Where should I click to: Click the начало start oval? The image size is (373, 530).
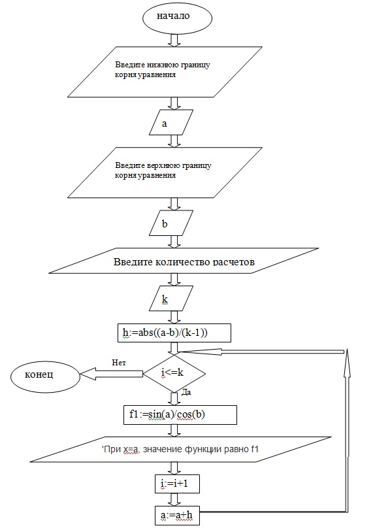[173, 17]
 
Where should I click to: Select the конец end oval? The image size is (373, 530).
[46, 376]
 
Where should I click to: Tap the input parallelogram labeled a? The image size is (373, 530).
[171, 122]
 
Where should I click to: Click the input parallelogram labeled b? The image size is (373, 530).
[171, 223]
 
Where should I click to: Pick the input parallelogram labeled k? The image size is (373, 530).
[171, 298]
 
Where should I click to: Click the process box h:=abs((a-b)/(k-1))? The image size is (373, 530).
[174, 333]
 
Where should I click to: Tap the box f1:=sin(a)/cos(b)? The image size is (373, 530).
[180, 414]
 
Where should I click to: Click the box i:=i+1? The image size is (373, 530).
[177, 484]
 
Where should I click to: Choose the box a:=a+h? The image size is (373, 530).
[177, 516]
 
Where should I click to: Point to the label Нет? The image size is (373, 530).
[119, 363]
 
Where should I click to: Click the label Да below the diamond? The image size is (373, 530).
[186, 392]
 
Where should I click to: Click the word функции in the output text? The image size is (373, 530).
[201, 449]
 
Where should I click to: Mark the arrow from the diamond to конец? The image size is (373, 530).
[112, 374]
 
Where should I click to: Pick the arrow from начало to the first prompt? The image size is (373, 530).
[174, 40]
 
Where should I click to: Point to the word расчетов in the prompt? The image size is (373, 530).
[234, 262]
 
